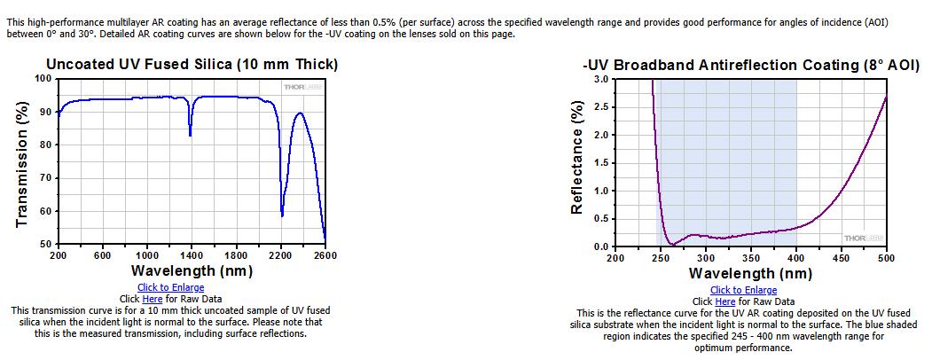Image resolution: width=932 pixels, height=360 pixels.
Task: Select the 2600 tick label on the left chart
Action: [x=325, y=255]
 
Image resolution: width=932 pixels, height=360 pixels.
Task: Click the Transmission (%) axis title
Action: [x=22, y=161]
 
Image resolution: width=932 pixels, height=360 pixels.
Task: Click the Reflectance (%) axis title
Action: [x=576, y=157]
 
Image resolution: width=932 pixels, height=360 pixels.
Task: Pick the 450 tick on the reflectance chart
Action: [x=841, y=258]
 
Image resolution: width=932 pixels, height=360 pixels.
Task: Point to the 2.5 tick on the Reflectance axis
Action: [x=601, y=107]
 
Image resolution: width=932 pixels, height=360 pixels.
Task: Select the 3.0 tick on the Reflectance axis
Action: [x=601, y=79]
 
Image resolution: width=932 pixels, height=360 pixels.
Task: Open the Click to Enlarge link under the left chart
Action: [x=170, y=288]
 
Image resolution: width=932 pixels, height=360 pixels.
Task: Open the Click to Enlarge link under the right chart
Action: [x=743, y=290]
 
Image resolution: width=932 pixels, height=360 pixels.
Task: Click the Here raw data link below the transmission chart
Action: [x=152, y=299]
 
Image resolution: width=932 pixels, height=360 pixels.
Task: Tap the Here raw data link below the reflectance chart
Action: [x=724, y=301]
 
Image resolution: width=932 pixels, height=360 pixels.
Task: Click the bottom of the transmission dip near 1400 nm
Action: [x=190, y=136]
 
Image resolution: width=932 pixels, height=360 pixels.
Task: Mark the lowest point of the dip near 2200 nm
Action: [x=282, y=215]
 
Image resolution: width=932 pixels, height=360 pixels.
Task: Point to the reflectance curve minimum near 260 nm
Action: [x=671, y=244]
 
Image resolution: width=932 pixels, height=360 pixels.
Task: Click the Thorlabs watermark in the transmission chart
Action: [x=302, y=87]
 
